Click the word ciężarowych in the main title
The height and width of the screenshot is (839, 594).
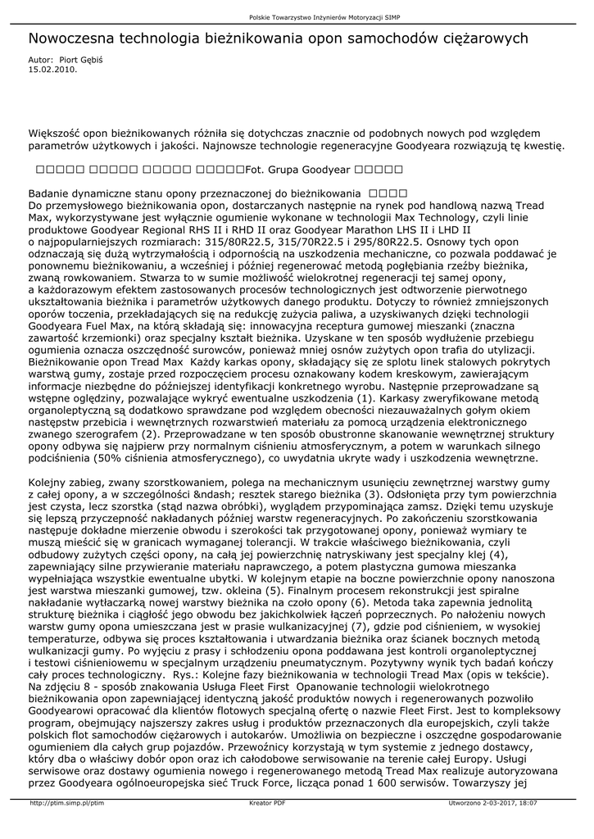pos(485,39)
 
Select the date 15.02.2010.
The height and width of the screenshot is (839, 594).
pos(53,70)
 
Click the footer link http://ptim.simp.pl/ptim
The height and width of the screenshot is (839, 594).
pos(67,803)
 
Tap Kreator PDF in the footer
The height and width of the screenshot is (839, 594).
pos(267,803)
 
